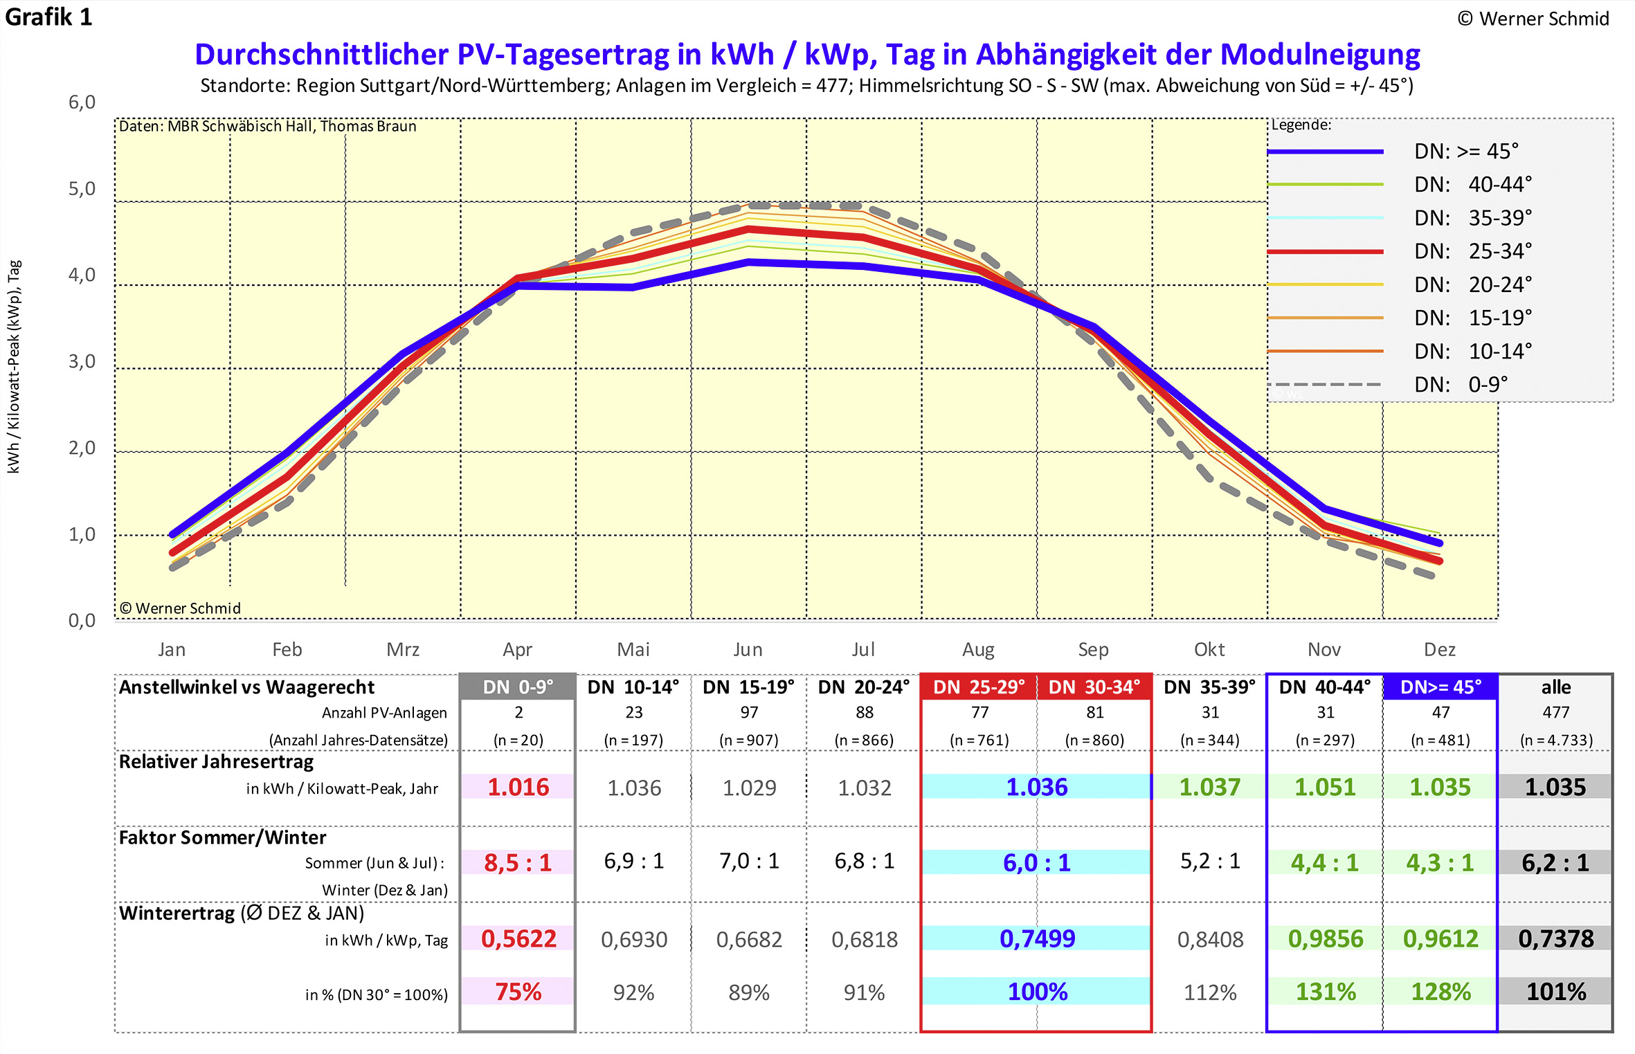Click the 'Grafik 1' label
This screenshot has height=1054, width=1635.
click(x=48, y=17)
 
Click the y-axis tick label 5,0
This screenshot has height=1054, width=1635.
click(x=82, y=188)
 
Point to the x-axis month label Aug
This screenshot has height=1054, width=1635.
click(x=978, y=649)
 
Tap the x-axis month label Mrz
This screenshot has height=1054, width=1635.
click(x=403, y=649)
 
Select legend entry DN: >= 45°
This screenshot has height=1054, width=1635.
click(x=1466, y=151)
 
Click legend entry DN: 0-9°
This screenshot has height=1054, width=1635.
click(x=1461, y=384)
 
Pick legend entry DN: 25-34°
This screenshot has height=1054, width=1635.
click(x=1472, y=251)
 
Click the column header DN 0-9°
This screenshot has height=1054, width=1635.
click(x=518, y=687)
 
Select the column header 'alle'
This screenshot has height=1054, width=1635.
click(x=1555, y=687)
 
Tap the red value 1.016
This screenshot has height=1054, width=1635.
click(x=518, y=787)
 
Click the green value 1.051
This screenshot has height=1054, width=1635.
click(x=1325, y=787)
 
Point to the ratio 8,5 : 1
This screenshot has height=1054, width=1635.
click(x=518, y=862)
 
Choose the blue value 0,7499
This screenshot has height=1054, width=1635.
click(x=1037, y=938)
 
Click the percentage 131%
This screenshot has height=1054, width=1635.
click(x=1325, y=992)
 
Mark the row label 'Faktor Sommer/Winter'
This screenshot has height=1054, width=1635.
click(x=222, y=837)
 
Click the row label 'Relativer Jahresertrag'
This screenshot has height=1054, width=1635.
click(x=216, y=761)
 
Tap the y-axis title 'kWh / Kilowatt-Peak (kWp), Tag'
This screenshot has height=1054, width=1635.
click(x=14, y=367)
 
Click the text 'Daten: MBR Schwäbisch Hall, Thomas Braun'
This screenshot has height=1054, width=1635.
click(x=268, y=126)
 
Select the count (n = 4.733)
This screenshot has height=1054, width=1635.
click(x=1555, y=740)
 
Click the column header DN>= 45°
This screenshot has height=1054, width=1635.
click(x=1440, y=687)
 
